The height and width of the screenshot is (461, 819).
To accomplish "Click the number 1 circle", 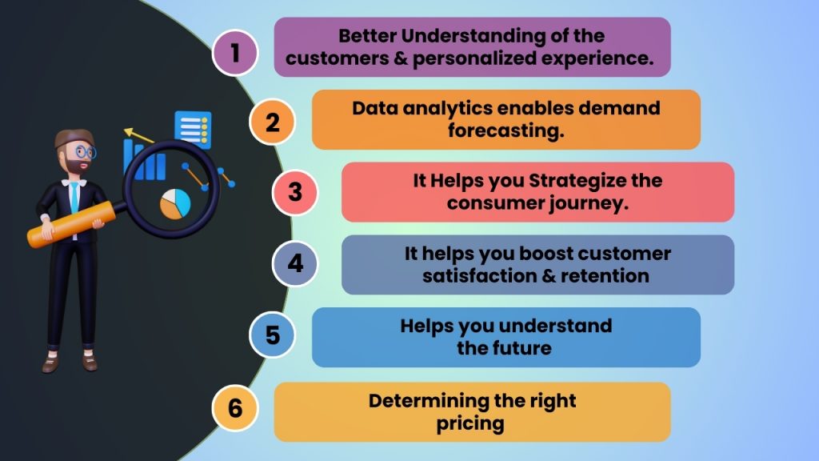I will pos(234,53).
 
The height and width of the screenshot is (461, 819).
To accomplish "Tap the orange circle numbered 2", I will pos(272,123).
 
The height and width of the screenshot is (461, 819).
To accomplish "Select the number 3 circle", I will pos(295,192).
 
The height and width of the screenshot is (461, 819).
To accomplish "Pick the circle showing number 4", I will pos(295,263).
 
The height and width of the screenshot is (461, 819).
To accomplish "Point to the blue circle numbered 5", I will pos(272,335).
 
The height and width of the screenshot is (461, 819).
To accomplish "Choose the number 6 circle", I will pos(234,407).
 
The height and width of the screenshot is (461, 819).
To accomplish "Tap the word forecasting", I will pos(505,130).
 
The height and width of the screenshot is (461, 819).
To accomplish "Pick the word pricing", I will pos(470,423).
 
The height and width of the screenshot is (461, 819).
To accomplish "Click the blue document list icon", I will pos(193,129).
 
